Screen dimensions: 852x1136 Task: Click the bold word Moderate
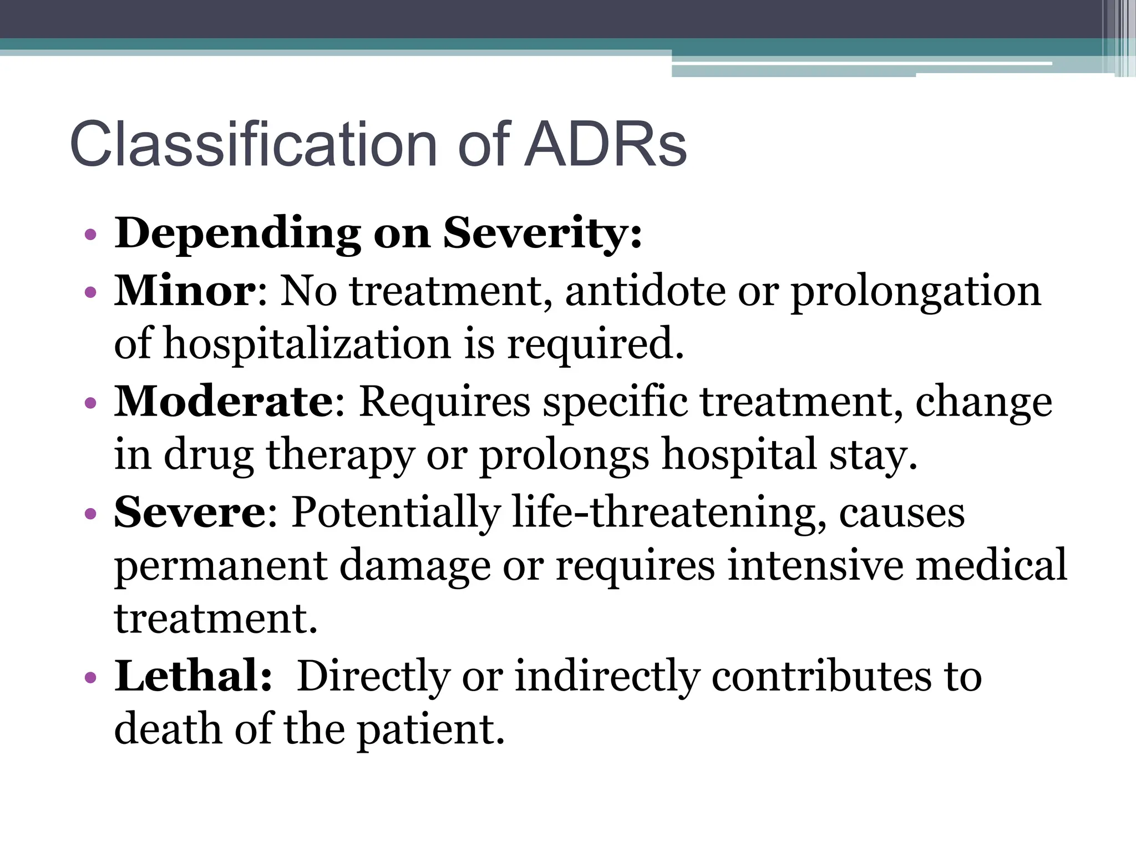pyautogui.click(x=224, y=401)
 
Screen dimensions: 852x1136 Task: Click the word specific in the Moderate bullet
pyautogui.click(x=615, y=401)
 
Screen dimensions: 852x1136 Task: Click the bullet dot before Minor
pyautogui.click(x=90, y=292)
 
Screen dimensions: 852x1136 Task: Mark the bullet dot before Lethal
pyautogui.click(x=90, y=677)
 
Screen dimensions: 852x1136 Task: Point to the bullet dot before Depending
pyautogui.click(x=90, y=235)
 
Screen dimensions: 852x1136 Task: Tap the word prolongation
pyautogui.click(x=916, y=292)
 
